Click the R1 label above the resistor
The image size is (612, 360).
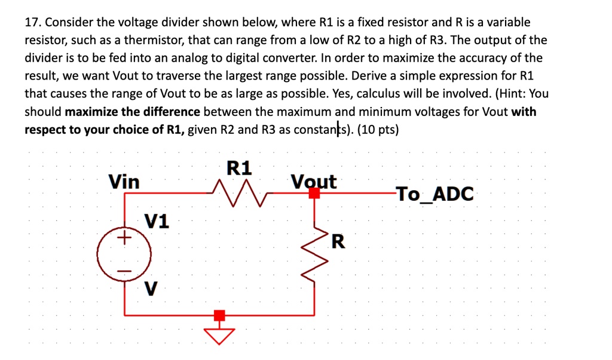tap(240, 167)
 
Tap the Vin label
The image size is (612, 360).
tap(124, 181)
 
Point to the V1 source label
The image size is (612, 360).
tap(157, 222)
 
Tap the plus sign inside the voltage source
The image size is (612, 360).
tap(124, 239)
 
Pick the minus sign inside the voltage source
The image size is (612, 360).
tap(124, 271)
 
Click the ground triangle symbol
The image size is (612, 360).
tap(220, 336)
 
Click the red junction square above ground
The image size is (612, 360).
tap(220, 315)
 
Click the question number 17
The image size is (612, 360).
tap(32, 23)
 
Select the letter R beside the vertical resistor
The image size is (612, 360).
tap(338, 242)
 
